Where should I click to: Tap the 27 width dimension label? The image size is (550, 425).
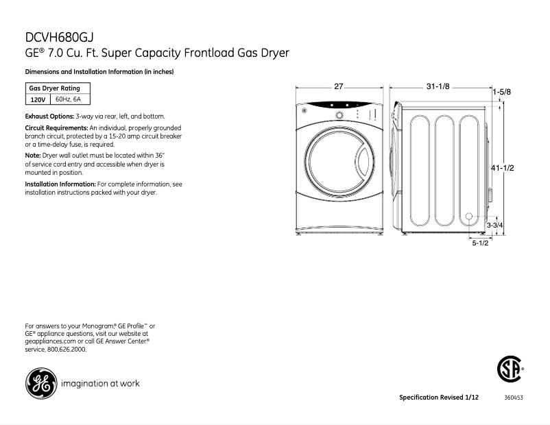click(x=338, y=86)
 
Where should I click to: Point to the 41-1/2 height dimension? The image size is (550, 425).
click(x=503, y=169)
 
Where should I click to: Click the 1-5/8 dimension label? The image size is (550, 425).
click(x=501, y=91)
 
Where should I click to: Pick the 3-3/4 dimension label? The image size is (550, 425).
click(x=495, y=225)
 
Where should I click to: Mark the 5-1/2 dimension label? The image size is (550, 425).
click(x=479, y=243)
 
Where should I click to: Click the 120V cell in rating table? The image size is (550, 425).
click(x=38, y=100)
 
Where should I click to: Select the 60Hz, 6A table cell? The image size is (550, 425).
click(x=68, y=100)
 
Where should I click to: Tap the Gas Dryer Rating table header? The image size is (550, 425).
click(x=54, y=88)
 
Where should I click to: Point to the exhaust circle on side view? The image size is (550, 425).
click(x=469, y=217)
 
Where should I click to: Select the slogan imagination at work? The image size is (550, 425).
click(x=100, y=383)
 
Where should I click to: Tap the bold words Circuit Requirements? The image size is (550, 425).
click(x=56, y=129)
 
